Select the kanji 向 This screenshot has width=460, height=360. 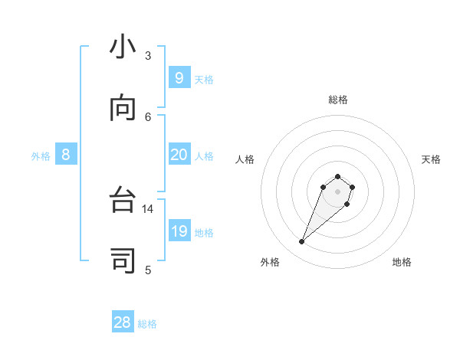pyautogui.click(x=123, y=110)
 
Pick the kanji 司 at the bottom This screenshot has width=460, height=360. pyautogui.click(x=123, y=262)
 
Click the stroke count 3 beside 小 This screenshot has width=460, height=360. pyautogui.click(x=148, y=56)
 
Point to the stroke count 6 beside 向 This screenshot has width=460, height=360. pyautogui.click(x=148, y=116)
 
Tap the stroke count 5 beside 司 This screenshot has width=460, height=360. pyautogui.click(x=148, y=269)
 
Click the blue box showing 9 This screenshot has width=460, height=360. pyautogui.click(x=179, y=77)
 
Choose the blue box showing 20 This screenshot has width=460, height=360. pyautogui.click(x=179, y=155)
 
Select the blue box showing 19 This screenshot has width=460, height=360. pyautogui.click(x=179, y=231)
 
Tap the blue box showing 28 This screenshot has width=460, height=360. pyautogui.click(x=123, y=322)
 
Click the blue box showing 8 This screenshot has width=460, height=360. pyautogui.click(x=66, y=155)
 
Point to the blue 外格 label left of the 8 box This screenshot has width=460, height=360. pyautogui.click(x=41, y=156)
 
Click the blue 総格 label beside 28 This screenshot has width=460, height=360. pyautogui.click(x=147, y=324)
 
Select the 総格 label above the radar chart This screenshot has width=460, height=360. pyautogui.click(x=338, y=100)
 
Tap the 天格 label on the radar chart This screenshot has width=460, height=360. pyautogui.click(x=431, y=159)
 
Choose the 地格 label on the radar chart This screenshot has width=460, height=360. pyautogui.click(x=402, y=262)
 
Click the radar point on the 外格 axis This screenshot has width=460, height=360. pyautogui.click(x=302, y=242)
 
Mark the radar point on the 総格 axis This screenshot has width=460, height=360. pyautogui.click(x=337, y=175)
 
